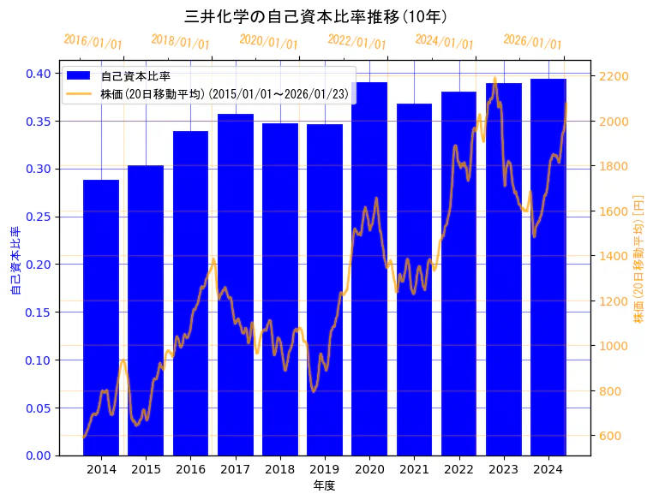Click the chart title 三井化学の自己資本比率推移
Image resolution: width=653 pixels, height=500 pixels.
315,16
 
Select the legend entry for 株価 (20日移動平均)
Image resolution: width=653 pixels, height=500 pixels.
224,94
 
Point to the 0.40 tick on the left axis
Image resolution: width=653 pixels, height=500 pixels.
39,74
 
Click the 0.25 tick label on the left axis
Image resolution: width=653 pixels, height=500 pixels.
39,217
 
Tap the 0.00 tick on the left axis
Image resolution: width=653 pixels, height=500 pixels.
39,455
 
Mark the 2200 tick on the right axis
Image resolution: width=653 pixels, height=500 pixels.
615,77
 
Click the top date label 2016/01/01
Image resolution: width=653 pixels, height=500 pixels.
93,42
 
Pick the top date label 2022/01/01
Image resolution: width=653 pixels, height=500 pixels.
357,42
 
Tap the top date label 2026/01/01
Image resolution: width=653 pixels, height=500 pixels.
532,42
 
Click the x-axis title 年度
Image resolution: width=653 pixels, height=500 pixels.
324,485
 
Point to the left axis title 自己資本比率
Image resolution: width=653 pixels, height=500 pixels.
15,261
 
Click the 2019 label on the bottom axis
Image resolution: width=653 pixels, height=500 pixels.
325,469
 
